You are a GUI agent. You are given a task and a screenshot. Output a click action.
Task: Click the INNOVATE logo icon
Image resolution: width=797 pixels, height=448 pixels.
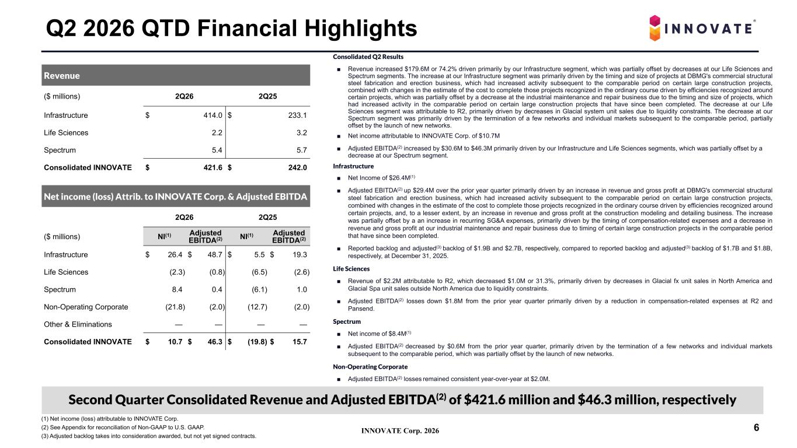(x=655, y=28)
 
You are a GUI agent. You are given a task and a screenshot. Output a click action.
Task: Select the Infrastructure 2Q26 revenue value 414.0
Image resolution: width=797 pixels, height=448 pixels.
(x=213, y=115)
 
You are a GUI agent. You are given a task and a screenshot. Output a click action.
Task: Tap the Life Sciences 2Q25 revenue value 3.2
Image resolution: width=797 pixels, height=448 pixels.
(x=302, y=132)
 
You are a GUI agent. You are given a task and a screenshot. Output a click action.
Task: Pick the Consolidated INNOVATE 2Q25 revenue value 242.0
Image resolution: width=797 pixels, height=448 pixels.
(x=297, y=167)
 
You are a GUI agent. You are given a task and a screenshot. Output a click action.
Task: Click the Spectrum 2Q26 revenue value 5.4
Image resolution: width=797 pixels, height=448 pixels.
(x=217, y=150)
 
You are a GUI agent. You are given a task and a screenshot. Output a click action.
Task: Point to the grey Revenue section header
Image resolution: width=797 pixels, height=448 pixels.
(x=176, y=75)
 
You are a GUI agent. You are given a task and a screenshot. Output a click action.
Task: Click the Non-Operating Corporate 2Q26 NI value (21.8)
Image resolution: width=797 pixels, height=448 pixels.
(x=175, y=307)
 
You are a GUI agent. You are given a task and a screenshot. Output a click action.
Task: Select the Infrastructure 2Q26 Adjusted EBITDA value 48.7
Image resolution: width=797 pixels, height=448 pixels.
(x=215, y=254)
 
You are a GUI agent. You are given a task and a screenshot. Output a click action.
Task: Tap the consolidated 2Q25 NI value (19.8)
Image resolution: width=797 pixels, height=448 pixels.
(x=257, y=342)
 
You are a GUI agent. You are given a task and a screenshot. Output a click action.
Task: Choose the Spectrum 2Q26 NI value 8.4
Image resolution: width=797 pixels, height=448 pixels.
(x=177, y=289)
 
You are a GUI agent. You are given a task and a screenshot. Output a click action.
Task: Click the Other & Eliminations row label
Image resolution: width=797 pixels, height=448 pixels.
(x=78, y=324)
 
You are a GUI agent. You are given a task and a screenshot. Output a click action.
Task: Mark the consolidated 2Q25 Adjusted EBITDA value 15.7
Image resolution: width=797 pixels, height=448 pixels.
(x=300, y=342)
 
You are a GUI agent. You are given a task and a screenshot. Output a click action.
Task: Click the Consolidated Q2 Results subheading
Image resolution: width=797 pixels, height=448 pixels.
(x=368, y=57)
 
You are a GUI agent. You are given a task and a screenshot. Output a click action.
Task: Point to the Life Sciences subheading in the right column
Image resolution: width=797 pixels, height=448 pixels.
(x=351, y=269)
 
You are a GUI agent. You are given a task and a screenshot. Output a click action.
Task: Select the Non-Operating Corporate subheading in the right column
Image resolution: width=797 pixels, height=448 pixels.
(x=370, y=366)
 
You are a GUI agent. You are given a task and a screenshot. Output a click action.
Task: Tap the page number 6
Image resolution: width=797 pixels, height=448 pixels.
(x=757, y=428)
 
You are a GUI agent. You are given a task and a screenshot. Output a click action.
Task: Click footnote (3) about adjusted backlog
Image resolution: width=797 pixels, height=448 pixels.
(x=149, y=436)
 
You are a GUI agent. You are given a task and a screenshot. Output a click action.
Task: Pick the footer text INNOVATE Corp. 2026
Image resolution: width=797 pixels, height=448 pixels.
(x=400, y=431)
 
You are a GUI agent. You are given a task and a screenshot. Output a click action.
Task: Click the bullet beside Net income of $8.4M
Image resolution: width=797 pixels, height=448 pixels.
(x=339, y=334)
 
